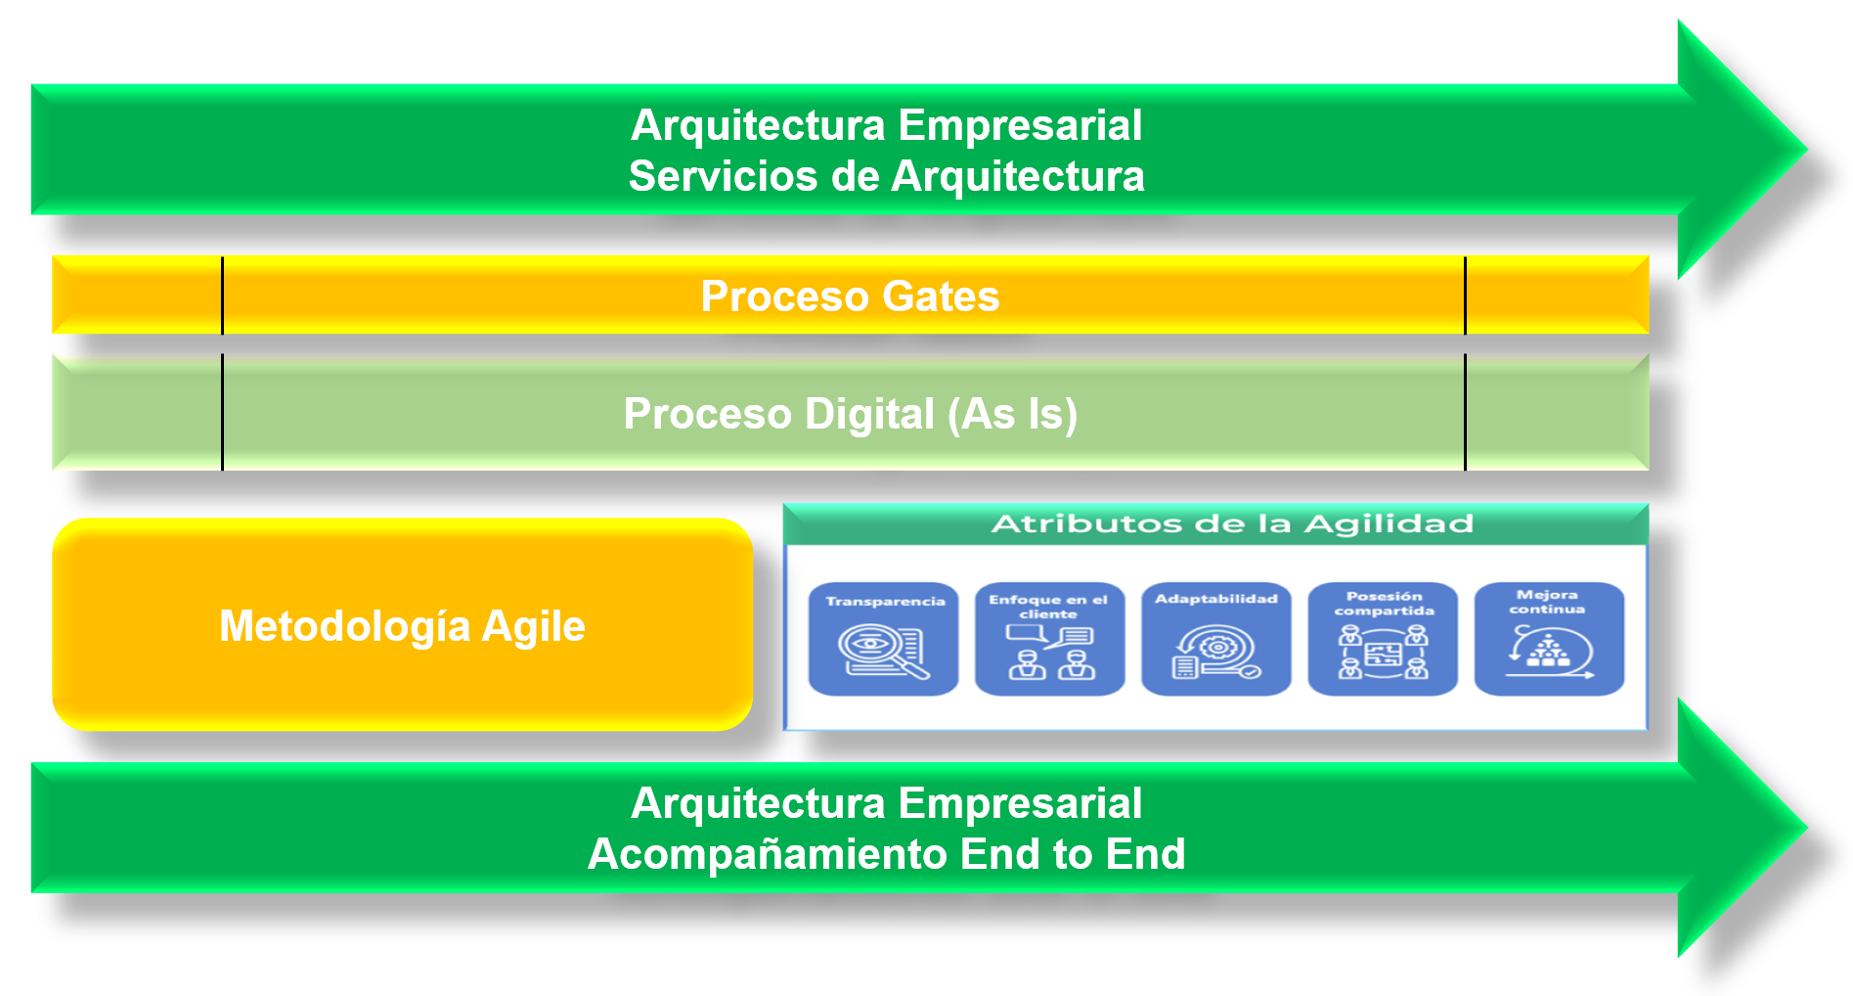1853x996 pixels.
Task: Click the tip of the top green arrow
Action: coord(1806,150)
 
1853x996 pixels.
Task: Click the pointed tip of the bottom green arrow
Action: coord(1806,828)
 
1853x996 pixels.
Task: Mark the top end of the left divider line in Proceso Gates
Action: coord(223,257)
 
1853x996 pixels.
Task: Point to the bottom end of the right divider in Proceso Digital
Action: coord(1465,470)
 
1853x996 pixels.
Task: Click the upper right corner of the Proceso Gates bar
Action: coord(1649,256)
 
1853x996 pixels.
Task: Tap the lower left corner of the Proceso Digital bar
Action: coord(53,470)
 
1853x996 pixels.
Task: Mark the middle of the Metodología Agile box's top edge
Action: coord(402,519)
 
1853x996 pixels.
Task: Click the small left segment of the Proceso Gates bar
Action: coord(138,295)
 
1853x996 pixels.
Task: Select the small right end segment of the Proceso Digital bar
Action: coord(1557,412)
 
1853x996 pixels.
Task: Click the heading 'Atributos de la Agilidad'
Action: coord(1232,524)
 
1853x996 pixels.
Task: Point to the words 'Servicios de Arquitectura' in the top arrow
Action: coord(886,176)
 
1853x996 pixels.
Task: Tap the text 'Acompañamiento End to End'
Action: coord(886,854)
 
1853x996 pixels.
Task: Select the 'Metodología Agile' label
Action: coord(402,626)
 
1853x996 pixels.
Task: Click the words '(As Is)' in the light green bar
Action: coord(1012,414)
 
